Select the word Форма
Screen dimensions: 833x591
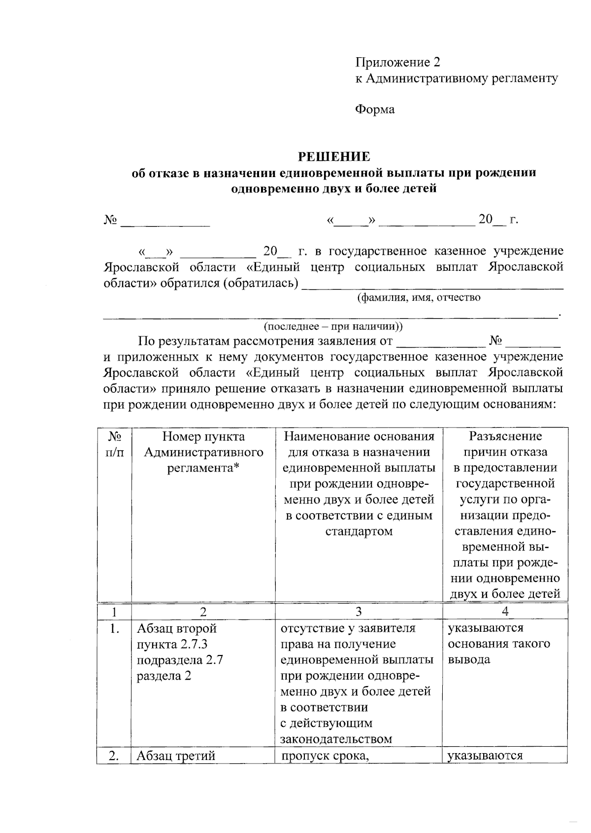coord(375,109)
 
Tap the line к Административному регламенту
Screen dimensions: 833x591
coord(457,78)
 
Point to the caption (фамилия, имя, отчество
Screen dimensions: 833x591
coord(418,297)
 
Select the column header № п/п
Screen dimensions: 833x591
coord(114,444)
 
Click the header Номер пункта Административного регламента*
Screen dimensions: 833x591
coord(203,452)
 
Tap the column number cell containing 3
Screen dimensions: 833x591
coord(359,612)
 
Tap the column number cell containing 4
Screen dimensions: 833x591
coord(505,612)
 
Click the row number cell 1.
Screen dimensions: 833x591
coord(114,629)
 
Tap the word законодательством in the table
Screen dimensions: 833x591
coord(336,739)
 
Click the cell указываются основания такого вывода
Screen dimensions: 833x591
coord(499,644)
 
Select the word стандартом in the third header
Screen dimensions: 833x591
coord(359,531)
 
